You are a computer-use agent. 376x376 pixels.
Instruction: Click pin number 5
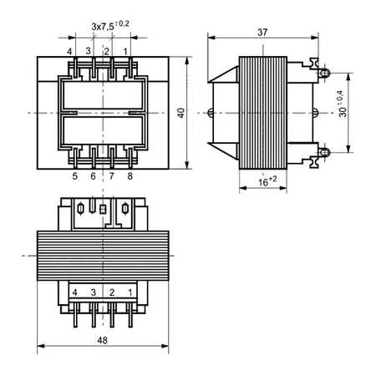pyautogui.click(x=74, y=175)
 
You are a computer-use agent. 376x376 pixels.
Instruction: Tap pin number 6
pyautogui.click(x=93, y=175)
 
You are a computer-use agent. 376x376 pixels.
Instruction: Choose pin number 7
pyautogui.click(x=111, y=175)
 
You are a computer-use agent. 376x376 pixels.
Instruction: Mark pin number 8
pyautogui.click(x=130, y=175)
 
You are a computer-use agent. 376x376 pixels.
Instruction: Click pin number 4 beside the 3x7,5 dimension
pyautogui.click(x=70, y=52)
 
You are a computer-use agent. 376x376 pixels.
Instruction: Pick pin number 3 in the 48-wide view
pyautogui.click(x=94, y=292)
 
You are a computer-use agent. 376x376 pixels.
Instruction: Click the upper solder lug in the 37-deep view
pyautogui.click(x=320, y=73)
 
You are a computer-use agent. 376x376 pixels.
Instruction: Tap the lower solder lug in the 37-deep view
pyautogui.click(x=320, y=152)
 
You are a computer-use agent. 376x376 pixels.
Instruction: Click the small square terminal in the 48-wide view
pyautogui.click(x=103, y=210)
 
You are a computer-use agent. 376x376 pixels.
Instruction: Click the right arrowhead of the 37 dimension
pyautogui.click(x=319, y=37)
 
